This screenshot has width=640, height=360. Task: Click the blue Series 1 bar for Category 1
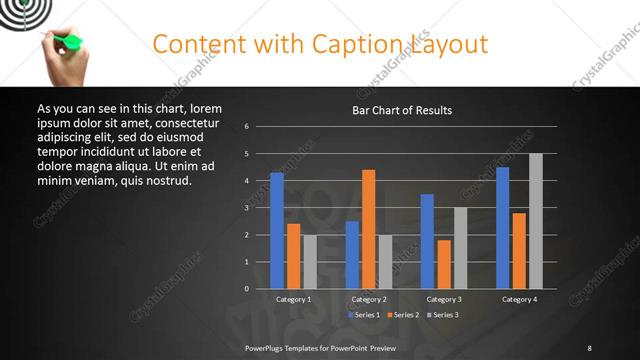coord(277,231)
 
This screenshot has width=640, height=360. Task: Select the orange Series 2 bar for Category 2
coord(369,229)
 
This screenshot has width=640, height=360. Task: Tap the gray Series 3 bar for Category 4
coord(535,221)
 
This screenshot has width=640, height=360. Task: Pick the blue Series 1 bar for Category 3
coord(427,241)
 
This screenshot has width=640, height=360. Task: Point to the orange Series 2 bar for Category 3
coord(444,264)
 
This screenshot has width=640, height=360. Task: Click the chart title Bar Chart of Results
coord(402,110)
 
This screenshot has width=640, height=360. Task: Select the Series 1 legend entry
coord(362,315)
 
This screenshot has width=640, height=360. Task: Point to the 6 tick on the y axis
coord(247,127)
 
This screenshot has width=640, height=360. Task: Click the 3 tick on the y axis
coord(247,208)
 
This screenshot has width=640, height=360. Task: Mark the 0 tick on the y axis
coord(247,289)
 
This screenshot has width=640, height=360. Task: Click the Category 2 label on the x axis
coord(369,299)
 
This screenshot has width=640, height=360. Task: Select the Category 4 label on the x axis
coord(519,299)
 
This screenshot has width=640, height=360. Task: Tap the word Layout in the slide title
coord(448,44)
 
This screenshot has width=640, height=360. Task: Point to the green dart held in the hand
coord(70,42)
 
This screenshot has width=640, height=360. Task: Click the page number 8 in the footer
coord(589,347)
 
